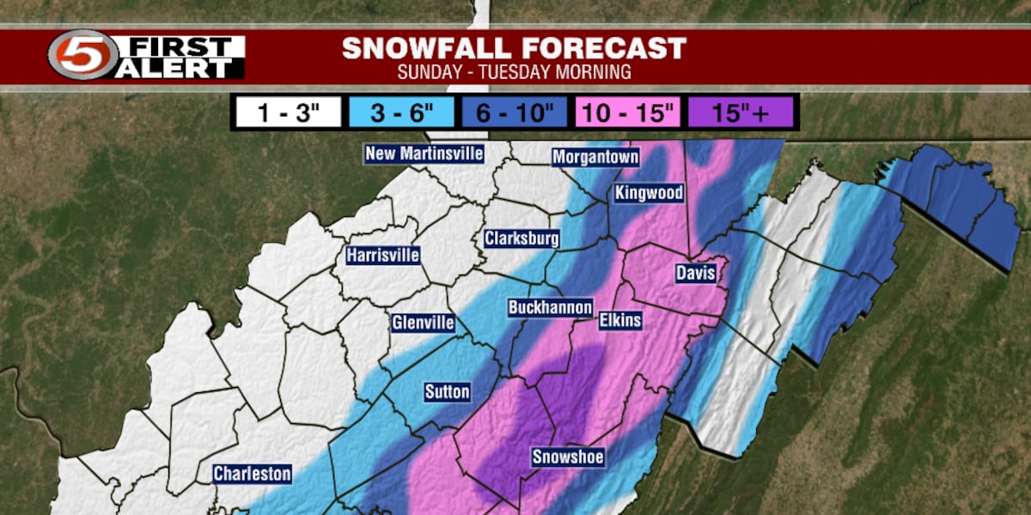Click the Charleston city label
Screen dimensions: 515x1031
[x=253, y=474]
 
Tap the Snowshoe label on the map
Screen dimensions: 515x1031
[x=567, y=457]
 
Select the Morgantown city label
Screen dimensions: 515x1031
[x=595, y=157]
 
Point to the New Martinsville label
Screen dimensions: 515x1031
[x=424, y=154]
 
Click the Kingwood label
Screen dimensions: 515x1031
[x=649, y=193]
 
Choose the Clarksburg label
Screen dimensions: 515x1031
[x=522, y=238]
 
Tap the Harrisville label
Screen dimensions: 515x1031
[x=383, y=255]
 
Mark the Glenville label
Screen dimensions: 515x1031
[x=421, y=323]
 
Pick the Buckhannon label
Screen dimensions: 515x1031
[x=550, y=307]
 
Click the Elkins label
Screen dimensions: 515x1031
[x=619, y=321]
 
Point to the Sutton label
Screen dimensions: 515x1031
[x=447, y=392]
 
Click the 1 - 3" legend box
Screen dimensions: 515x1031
[x=287, y=112]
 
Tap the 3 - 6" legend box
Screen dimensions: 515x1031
[x=401, y=112]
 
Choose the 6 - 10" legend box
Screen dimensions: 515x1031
[x=515, y=112]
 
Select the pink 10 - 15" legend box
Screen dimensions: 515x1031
[x=628, y=112]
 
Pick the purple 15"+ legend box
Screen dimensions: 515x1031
[x=741, y=112]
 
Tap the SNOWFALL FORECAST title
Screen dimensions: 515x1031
[x=514, y=48]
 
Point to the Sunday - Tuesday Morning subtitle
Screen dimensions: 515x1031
[x=514, y=72]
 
